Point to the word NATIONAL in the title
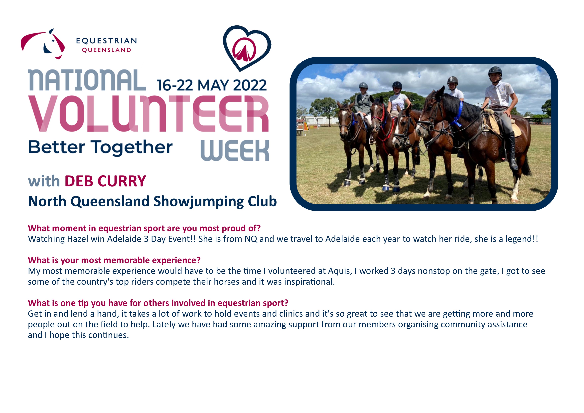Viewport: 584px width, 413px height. (x=87, y=80)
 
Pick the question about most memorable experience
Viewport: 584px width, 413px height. (x=114, y=260)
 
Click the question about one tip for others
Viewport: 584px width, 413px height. (x=158, y=303)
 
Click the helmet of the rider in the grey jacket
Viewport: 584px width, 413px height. (x=363, y=85)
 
